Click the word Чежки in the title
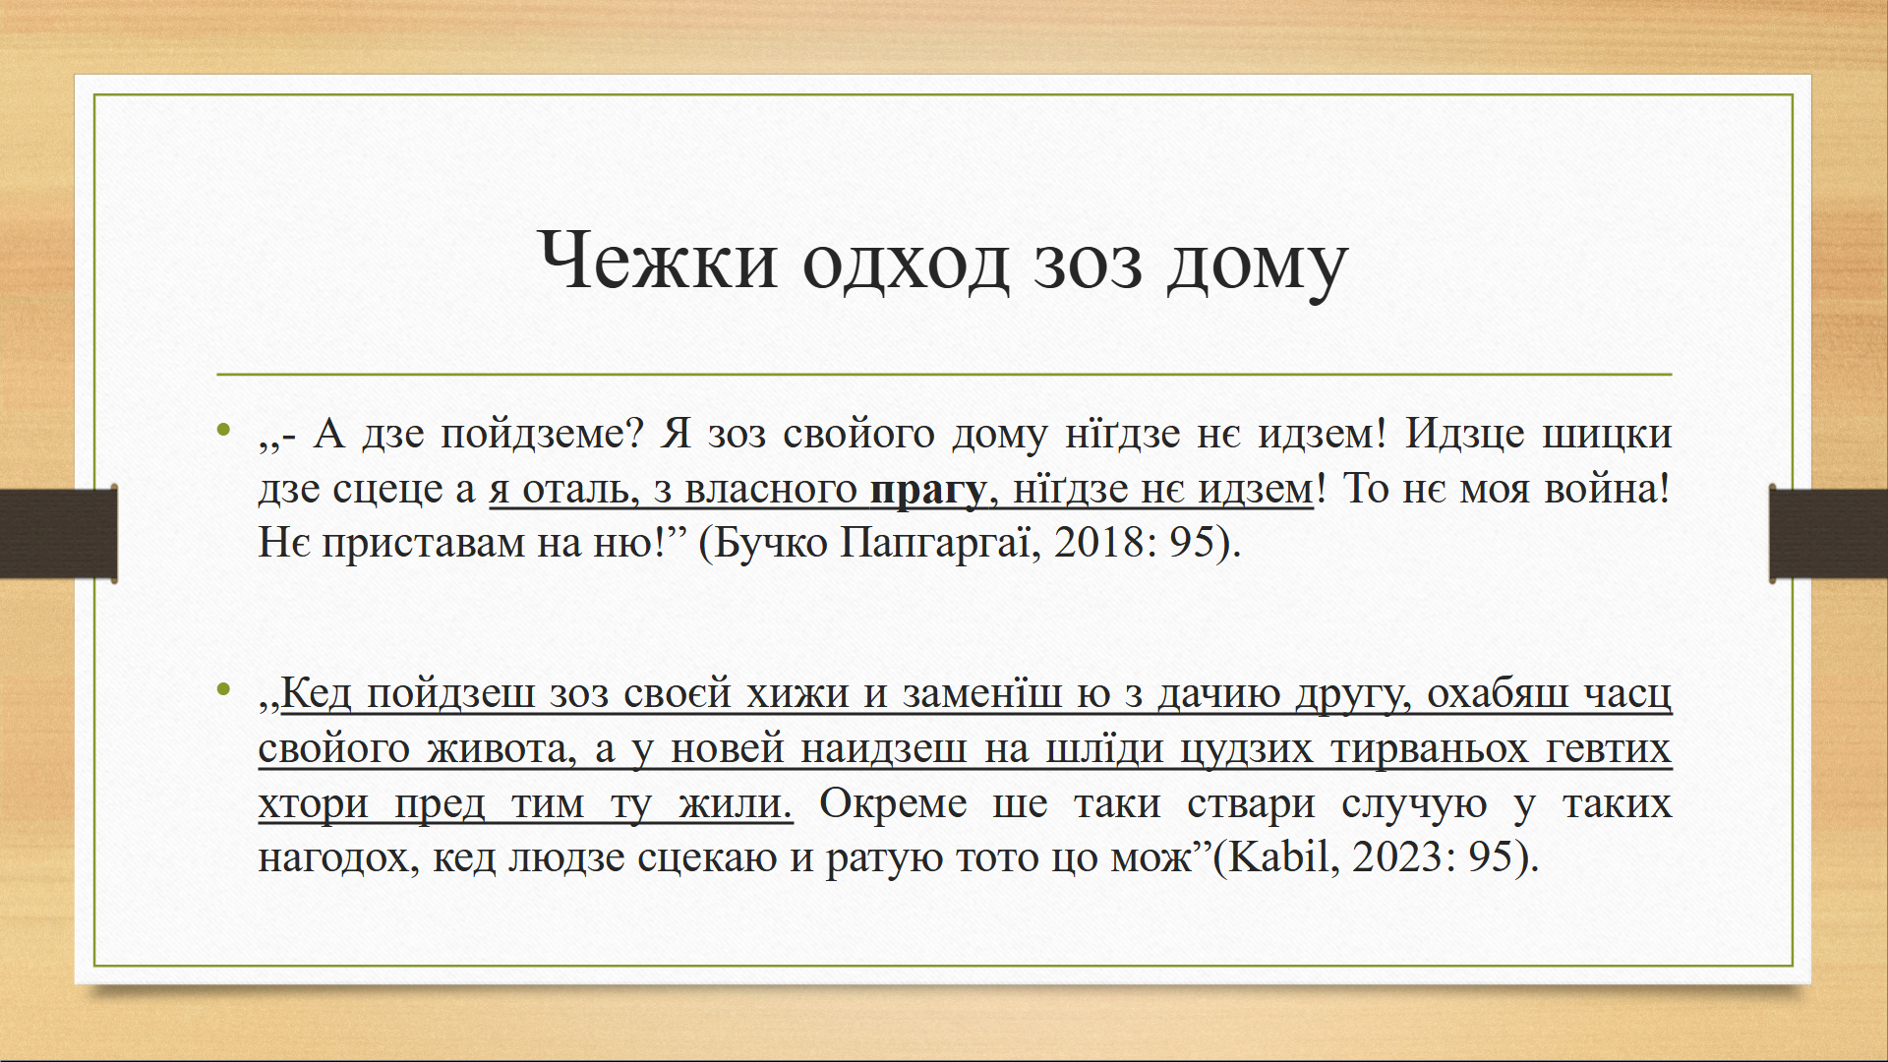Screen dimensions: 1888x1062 coord(658,261)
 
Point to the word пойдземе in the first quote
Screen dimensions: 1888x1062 coord(532,435)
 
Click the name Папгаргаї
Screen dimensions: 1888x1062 coord(939,542)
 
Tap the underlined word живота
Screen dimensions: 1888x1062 coord(501,749)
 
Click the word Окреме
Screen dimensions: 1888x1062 coord(893,804)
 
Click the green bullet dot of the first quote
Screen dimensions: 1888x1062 coord(225,430)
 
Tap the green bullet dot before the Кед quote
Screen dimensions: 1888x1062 coord(225,689)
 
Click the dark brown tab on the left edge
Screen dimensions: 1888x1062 coord(59,533)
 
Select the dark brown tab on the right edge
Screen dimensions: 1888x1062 coord(1828,533)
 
